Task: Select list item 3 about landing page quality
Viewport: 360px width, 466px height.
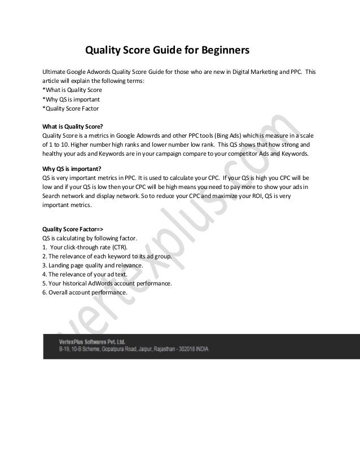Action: pyautogui.click(x=93, y=265)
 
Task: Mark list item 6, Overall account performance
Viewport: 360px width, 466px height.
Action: pyautogui.click(x=85, y=292)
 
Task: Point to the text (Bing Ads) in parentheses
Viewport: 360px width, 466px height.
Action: pyautogui.click(x=226, y=135)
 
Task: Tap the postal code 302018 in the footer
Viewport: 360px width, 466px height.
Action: pyautogui.click(x=184, y=350)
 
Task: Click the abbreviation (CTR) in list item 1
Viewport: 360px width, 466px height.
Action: pyautogui.click(x=120, y=247)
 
